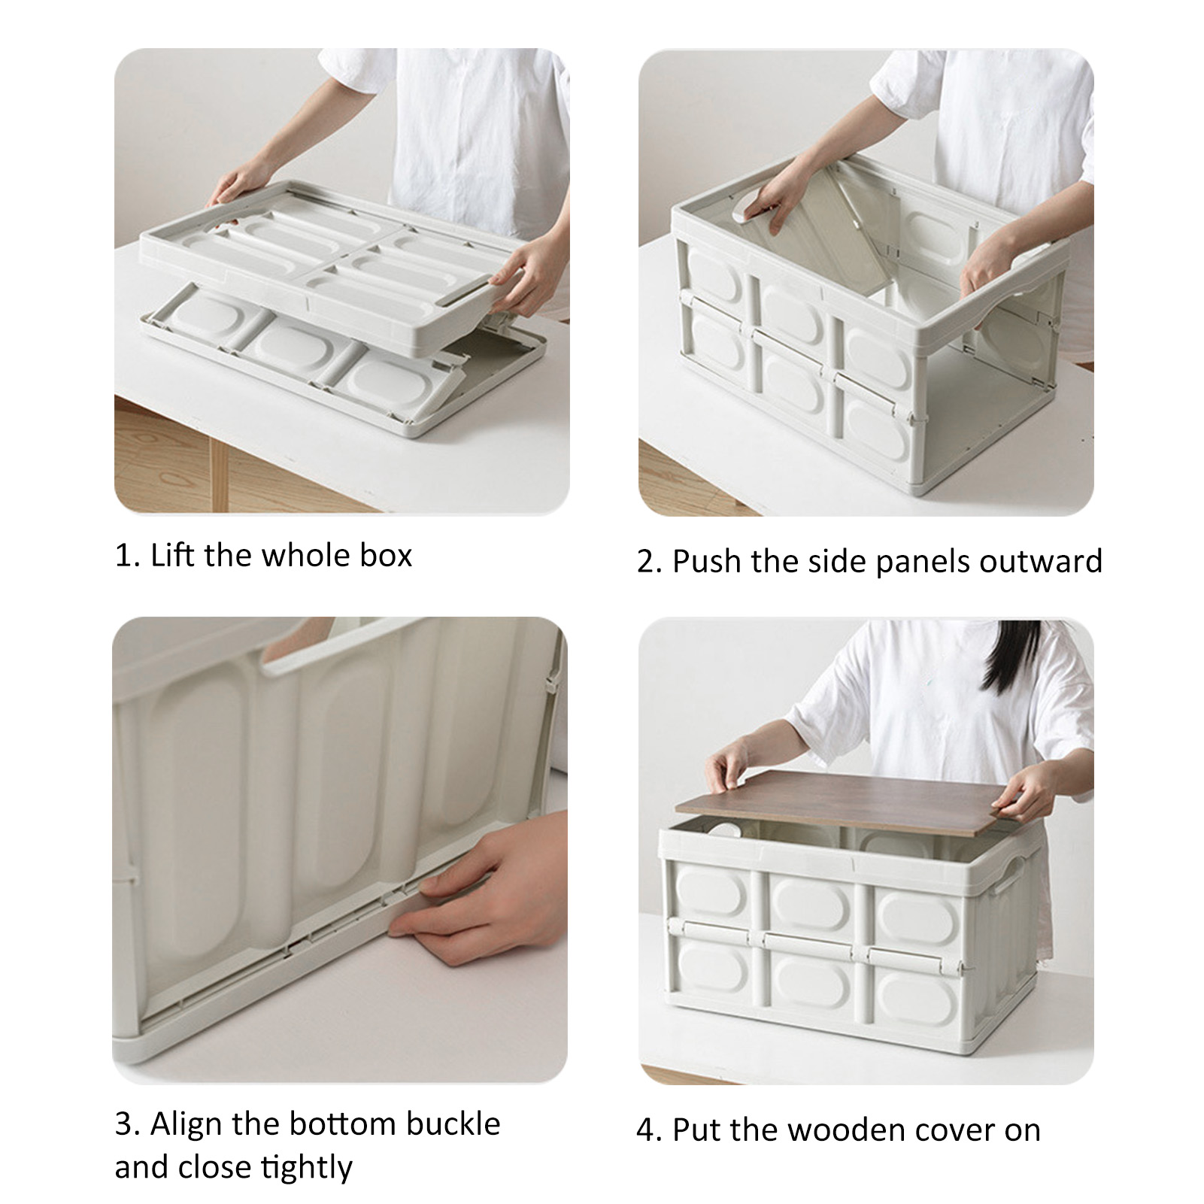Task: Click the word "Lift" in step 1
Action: [174, 556]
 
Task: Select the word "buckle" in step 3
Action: [453, 1124]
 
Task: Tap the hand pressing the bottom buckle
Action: [481, 887]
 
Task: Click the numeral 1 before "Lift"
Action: [123, 557]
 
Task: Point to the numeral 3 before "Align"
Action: [124, 1125]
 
